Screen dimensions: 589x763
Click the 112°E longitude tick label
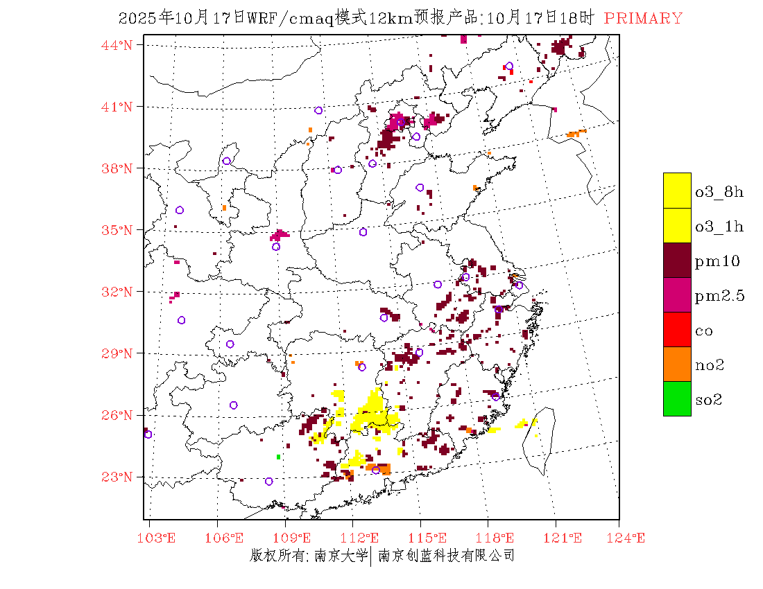pyautogui.click(x=363, y=538)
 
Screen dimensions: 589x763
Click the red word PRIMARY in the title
pyautogui.click(x=643, y=19)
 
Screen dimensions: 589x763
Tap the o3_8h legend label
pyautogui.click(x=719, y=191)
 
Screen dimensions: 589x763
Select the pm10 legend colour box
pyautogui.click(x=677, y=260)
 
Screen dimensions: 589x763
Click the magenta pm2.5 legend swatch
pyautogui.click(x=677, y=294)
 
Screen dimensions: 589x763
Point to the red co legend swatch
pyautogui.click(x=677, y=329)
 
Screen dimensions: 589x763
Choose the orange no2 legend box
pyautogui.click(x=677, y=364)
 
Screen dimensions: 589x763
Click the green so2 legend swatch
pyautogui.click(x=677, y=398)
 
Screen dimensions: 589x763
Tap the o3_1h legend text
pyautogui.click(x=719, y=226)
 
